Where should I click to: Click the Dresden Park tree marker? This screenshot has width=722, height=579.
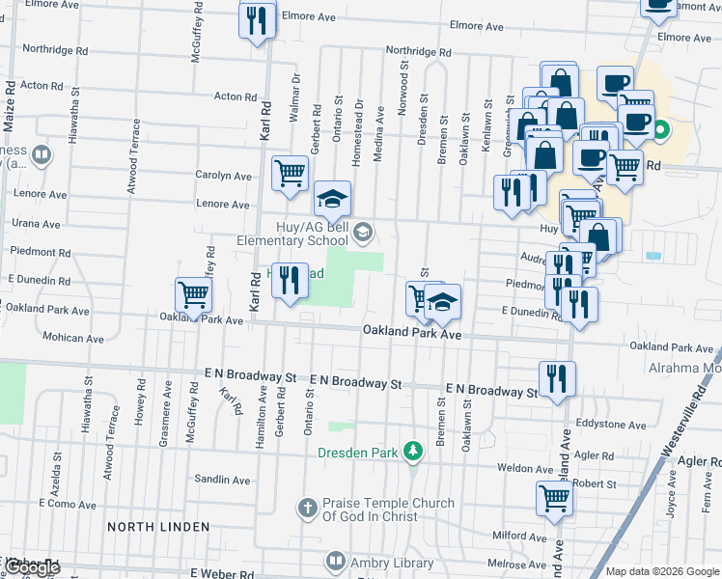[x=413, y=451]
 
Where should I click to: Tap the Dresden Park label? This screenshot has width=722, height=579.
[x=362, y=451]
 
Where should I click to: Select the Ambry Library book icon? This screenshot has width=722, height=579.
[x=335, y=561]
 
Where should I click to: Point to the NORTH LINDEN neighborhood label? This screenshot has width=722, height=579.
[x=158, y=526]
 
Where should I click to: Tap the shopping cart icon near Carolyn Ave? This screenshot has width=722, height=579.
[x=290, y=173]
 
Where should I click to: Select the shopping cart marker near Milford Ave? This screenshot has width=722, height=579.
[x=554, y=497]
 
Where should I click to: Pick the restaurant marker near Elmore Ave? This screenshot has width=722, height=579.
[x=257, y=21]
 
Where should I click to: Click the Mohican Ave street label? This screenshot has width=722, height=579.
[x=72, y=338]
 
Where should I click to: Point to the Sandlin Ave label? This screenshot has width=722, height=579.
[x=222, y=480]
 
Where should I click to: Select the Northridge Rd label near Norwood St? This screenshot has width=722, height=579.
[x=418, y=52]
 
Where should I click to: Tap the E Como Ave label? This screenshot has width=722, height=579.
[x=69, y=504]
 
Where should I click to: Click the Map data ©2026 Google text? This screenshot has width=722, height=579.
[x=662, y=571]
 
